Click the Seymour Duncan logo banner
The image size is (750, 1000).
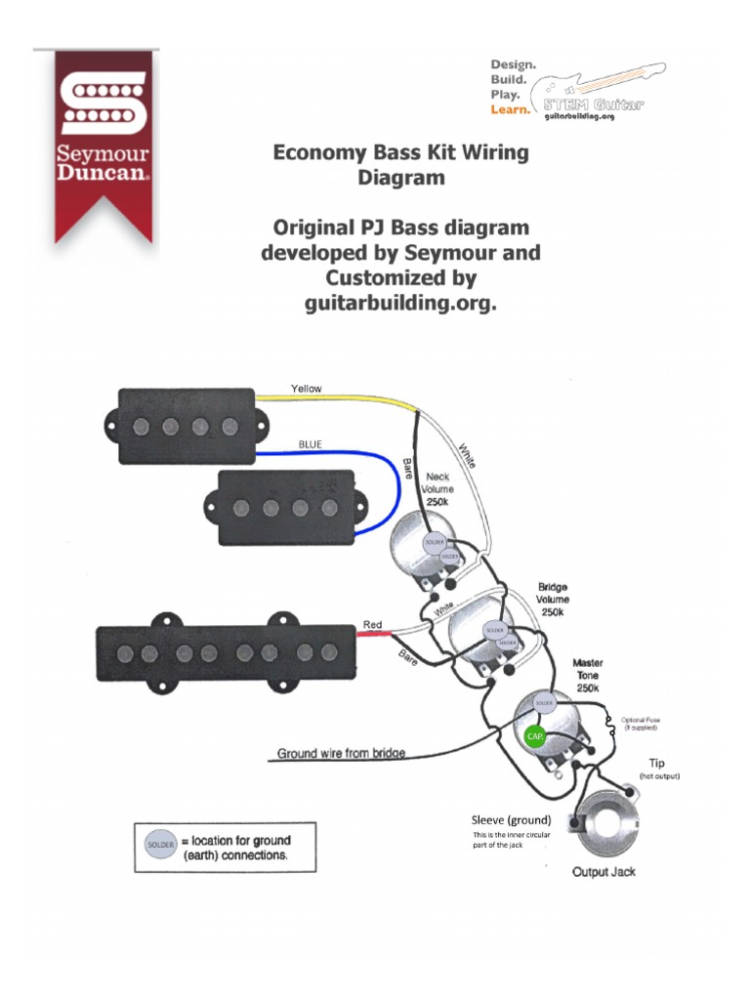click(104, 137)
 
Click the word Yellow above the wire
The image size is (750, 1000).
click(306, 389)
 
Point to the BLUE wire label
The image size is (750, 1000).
click(310, 444)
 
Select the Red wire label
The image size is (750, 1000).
click(372, 624)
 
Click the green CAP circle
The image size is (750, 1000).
click(534, 735)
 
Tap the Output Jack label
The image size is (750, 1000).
click(604, 871)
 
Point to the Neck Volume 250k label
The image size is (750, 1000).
click(437, 488)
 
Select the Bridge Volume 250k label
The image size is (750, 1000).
click(553, 600)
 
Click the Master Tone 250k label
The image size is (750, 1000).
click(587, 675)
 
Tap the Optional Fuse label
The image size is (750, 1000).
click(640, 724)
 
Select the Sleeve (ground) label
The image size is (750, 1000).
click(511, 819)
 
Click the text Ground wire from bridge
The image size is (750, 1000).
click(341, 753)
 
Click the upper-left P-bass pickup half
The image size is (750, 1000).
click(186, 426)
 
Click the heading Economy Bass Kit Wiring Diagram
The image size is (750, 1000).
click(400, 165)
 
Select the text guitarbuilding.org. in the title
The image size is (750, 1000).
click(400, 303)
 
